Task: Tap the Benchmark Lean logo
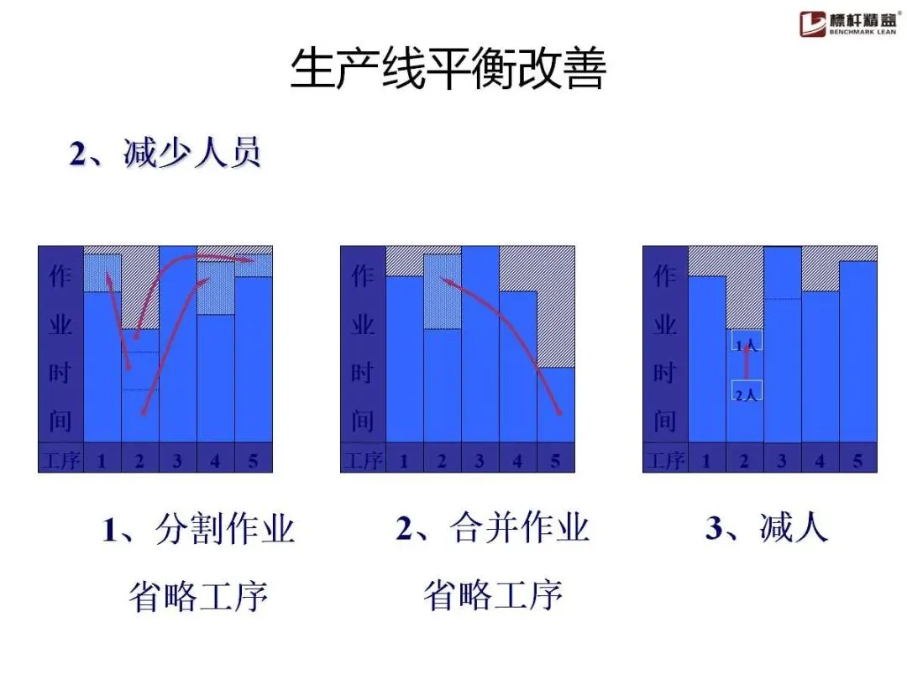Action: (848, 24)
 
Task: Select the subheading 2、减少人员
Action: (165, 154)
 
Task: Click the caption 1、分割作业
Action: (199, 530)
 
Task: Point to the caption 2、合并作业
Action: (492, 529)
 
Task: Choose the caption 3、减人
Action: (767, 529)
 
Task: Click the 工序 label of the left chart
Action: (60, 460)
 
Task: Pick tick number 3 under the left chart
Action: (177, 460)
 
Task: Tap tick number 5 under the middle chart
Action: (555, 460)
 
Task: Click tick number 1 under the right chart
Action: (706, 460)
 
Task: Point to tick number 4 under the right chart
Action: (820, 460)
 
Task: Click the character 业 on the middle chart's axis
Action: (362, 324)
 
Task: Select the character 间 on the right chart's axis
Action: (664, 420)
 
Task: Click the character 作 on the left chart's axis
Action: (60, 275)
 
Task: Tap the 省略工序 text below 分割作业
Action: (199, 597)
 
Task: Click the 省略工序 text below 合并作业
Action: (492, 596)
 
